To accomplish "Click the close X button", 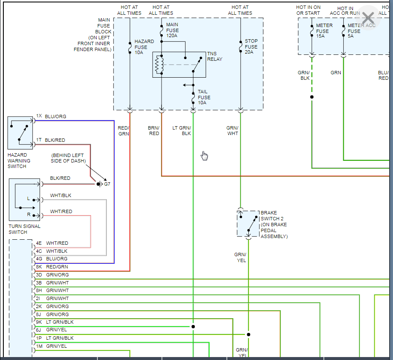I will coord(368,18).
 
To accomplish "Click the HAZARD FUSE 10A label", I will coord(144,47).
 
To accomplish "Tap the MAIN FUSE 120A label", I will coord(172,30).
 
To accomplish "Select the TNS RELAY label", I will coord(215,57).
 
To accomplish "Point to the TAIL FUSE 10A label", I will coord(204,97).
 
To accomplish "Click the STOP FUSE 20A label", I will coord(251,46).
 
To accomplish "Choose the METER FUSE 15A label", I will coord(324,31).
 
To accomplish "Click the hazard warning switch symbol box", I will coord(20,133).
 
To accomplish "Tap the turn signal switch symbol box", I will coord(24,200).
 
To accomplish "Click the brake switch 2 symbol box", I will coord(248,224).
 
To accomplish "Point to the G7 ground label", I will coord(107,184).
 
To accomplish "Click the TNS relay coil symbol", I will coord(159,65).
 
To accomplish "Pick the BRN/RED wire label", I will coord(154,130).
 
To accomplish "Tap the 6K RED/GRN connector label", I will coord(52,267).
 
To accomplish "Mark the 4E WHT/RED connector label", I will coord(52,243).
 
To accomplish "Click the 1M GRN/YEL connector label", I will coord(51,346).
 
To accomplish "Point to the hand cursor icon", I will coord(205,156).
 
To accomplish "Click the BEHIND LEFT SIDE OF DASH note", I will coord(69,158).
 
